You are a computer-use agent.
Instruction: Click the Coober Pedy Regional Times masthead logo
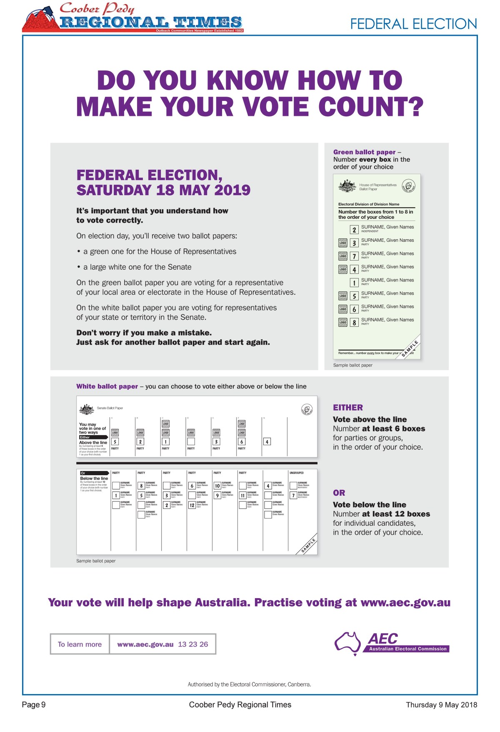tap(132, 18)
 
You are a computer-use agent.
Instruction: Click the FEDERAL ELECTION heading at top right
tap(413, 24)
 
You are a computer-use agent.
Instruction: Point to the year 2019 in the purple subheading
tap(232, 190)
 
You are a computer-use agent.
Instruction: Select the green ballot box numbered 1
tap(354, 283)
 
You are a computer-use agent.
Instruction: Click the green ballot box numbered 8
tap(354, 323)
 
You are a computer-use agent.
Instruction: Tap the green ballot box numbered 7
tap(354, 256)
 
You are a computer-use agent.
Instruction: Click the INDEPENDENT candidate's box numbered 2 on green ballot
tap(354, 230)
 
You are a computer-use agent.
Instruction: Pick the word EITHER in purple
tap(348, 408)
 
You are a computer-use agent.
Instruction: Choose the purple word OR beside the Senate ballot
tap(339, 493)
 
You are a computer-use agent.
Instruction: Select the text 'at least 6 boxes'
tap(393, 429)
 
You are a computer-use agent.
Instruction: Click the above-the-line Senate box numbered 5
tap(115, 441)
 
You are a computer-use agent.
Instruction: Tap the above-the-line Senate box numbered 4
tap(267, 441)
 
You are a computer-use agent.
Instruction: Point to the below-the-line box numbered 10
tap(217, 486)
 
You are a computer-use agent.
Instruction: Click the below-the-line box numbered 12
tap(192, 505)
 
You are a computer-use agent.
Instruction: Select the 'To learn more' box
tap(80, 644)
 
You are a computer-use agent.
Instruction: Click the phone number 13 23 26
tap(193, 644)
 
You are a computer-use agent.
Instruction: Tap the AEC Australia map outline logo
tap(348, 642)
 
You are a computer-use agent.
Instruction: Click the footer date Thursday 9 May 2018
tap(441, 705)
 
